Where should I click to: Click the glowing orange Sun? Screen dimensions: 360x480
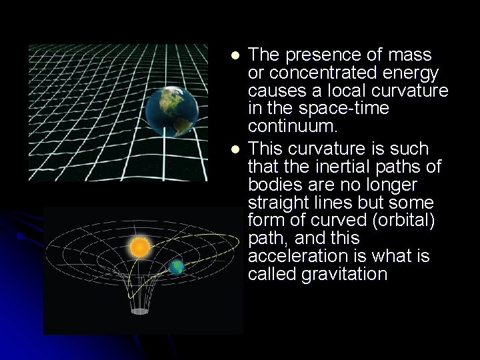(x=141, y=248)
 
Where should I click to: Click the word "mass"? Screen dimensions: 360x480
(x=409, y=54)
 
